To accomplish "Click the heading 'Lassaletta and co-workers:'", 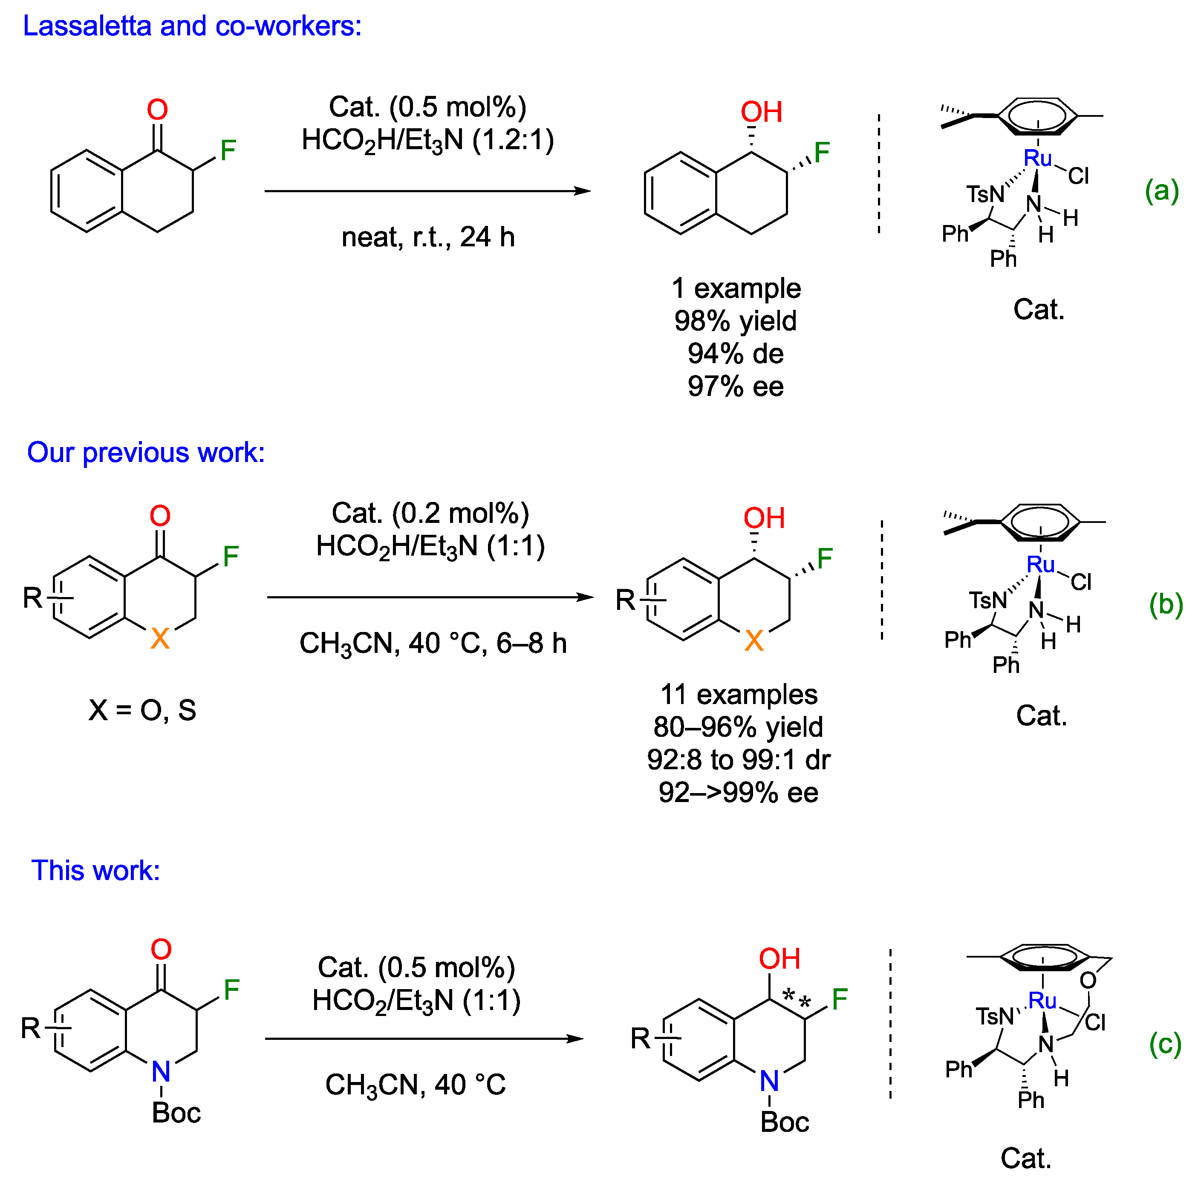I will click(x=192, y=26).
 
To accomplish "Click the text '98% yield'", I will click(x=736, y=321).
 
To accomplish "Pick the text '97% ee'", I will click(x=736, y=386).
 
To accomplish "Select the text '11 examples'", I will click(x=739, y=694).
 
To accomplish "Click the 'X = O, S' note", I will click(x=142, y=710).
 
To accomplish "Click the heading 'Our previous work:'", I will click(x=146, y=453).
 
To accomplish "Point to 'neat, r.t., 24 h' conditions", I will click(x=428, y=237).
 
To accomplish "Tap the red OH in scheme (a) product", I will click(x=762, y=112).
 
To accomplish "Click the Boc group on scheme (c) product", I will click(x=785, y=1122).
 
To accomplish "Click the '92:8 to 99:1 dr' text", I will click(x=739, y=759).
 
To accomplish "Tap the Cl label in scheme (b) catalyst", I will click(x=1081, y=582).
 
